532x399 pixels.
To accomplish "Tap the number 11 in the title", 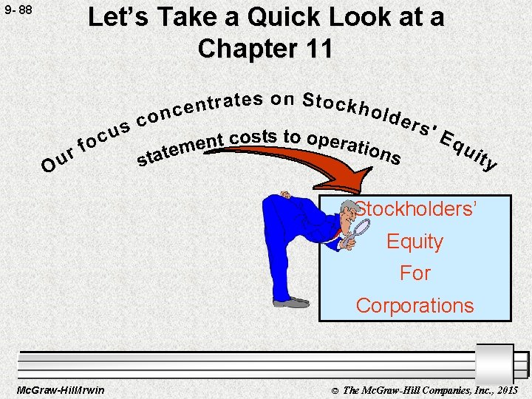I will point(318,49).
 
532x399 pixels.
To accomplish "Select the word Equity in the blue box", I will point(415,242).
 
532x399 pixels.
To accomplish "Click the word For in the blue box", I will point(415,273).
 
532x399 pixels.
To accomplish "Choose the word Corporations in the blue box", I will point(415,305).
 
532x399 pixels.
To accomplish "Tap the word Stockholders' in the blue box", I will point(417,209).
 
